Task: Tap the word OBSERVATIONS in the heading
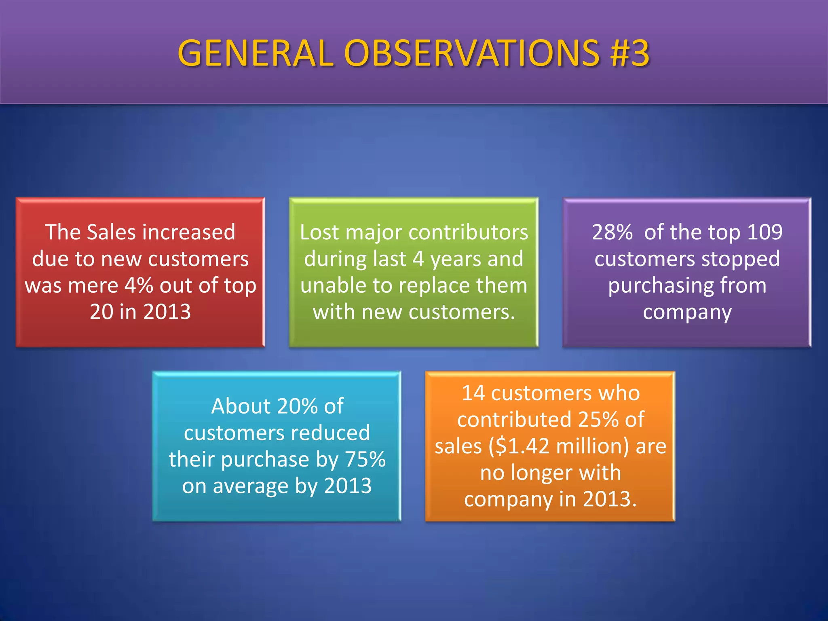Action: pyautogui.click(x=471, y=53)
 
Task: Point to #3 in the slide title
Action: pyautogui.click(x=630, y=53)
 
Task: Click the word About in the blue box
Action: pyautogui.click(x=240, y=406)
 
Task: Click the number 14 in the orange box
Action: pyautogui.click(x=473, y=393)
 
